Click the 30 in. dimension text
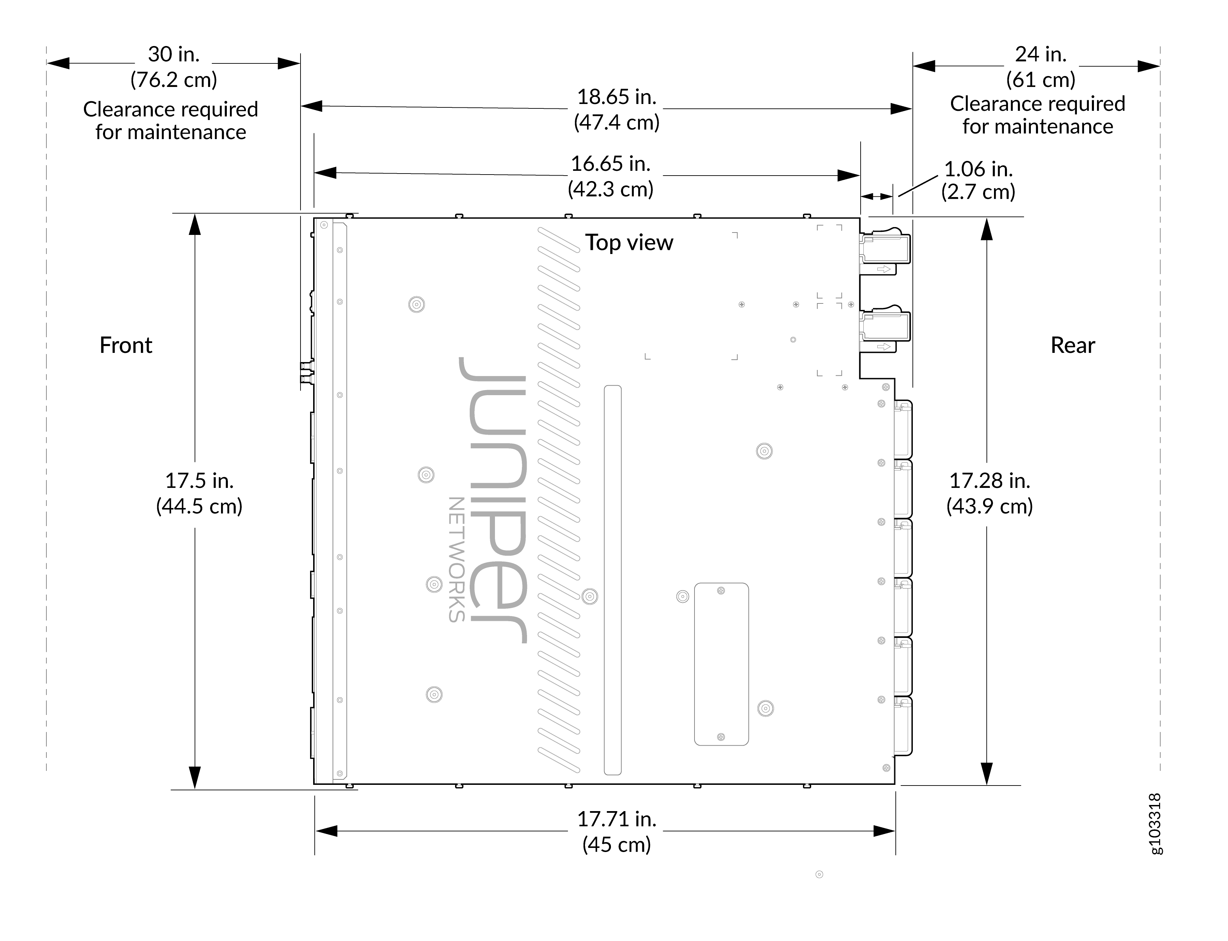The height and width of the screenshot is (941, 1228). coord(174,54)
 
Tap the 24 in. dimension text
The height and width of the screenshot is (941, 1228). coord(1040,54)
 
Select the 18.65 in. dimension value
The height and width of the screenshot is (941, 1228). coord(616,97)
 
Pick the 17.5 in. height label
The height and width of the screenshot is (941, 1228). coord(199,481)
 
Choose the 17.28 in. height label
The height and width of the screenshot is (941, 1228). coord(989,481)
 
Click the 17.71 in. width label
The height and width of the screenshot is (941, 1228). coord(616,819)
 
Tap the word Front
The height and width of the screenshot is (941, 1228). coord(126,345)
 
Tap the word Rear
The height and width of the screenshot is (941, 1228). coord(1072,345)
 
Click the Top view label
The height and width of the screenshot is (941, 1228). coord(629,242)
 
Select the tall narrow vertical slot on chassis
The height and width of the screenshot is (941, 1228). coord(613,580)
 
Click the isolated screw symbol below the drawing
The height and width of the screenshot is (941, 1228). coord(819,874)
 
